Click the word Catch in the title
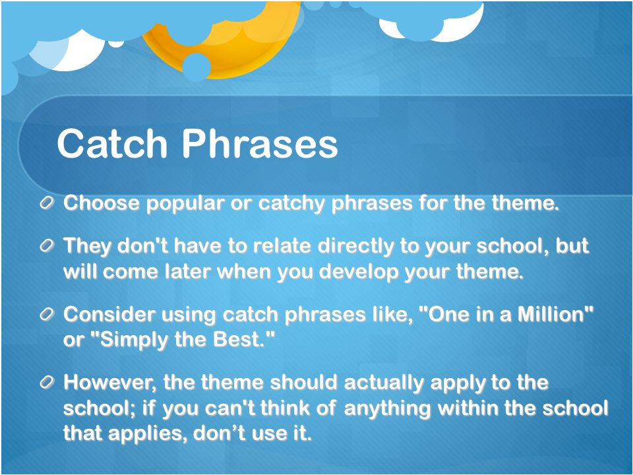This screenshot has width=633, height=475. [x=112, y=143]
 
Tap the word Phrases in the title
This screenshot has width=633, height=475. [x=260, y=143]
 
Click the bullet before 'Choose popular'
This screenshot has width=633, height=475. [x=47, y=203]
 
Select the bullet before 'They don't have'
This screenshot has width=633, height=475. [x=47, y=245]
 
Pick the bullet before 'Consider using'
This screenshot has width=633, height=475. [x=47, y=314]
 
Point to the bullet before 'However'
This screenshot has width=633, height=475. [x=47, y=382]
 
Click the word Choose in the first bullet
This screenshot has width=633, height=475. [x=102, y=203]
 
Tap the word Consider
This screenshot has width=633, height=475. [x=109, y=314]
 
